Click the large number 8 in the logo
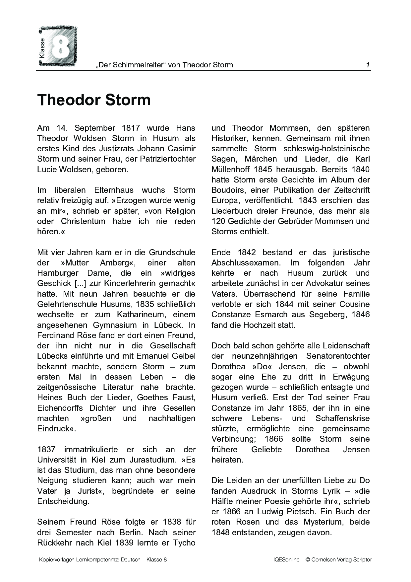pyautogui.click(x=61, y=46)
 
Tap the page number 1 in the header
pyautogui.click(x=368, y=65)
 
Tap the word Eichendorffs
pyautogui.click(x=60, y=408)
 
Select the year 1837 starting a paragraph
pyautogui.click(x=46, y=450)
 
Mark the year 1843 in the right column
pyautogui.click(x=308, y=200)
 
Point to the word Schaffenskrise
pyautogui.click(x=342, y=418)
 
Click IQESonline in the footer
pyautogui.click(x=284, y=560)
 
